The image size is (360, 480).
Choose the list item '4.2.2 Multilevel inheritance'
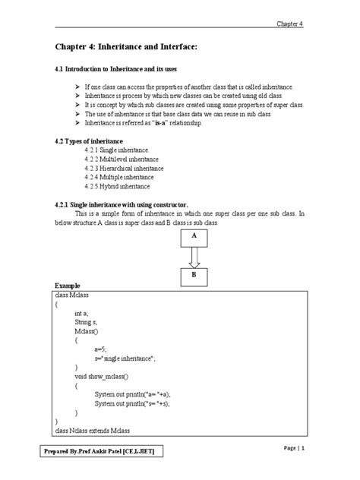122,159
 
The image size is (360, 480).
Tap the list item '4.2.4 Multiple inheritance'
120,177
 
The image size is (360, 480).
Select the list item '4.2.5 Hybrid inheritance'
118,186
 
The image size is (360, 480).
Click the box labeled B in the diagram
194,275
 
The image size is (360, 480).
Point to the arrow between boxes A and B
194,256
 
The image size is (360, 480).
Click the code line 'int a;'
82,312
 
